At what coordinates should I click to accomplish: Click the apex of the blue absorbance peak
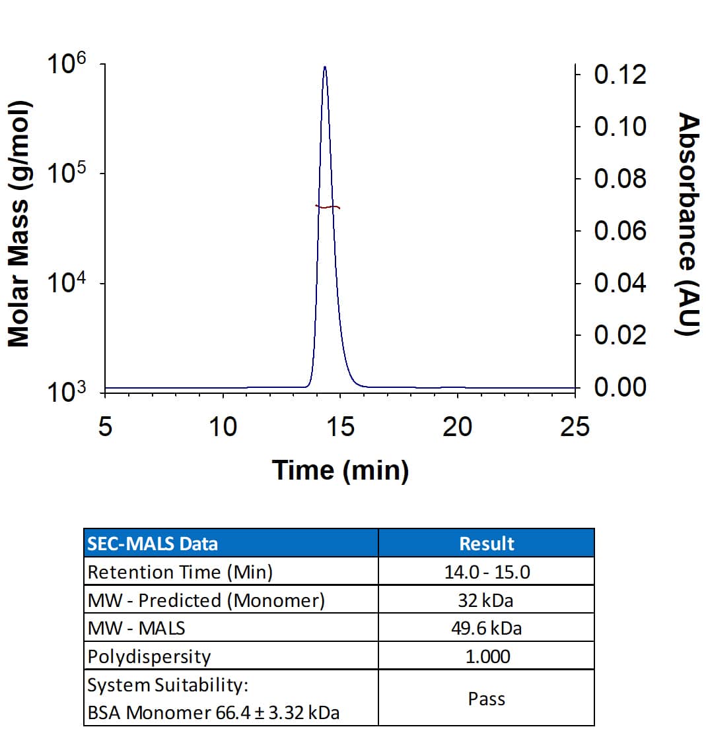coord(325,67)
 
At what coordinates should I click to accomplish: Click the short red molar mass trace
coord(328,207)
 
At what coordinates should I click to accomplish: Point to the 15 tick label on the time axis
coord(340,428)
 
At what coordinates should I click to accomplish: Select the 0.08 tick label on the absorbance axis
coord(620,179)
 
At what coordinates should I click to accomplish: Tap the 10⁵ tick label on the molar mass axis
coord(68,173)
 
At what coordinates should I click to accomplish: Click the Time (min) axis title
coord(340,470)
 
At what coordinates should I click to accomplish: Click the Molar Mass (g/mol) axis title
coord(19,224)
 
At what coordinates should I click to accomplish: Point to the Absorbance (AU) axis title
coord(688,224)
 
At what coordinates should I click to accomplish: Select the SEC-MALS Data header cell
coord(153,544)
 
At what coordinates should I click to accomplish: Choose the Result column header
coord(486,544)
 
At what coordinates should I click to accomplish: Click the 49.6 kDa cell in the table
coord(486,628)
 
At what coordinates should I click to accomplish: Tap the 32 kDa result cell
coord(486,600)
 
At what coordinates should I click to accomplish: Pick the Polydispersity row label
coord(149,656)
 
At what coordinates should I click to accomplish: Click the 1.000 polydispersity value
coord(486,656)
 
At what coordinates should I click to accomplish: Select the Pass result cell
coord(486,698)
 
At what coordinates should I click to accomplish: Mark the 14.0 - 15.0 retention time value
coord(486,571)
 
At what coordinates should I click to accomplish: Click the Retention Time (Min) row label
coord(180,571)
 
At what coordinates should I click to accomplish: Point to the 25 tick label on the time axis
coord(574,428)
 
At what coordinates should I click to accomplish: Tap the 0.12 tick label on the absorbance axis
coord(620,75)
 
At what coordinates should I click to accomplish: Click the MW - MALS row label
coord(137,628)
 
